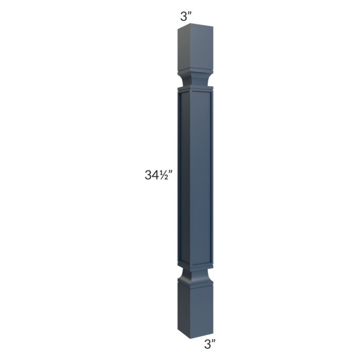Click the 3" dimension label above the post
(x=186, y=16)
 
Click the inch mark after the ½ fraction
(x=170, y=172)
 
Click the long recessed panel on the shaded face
(x=184, y=177)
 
